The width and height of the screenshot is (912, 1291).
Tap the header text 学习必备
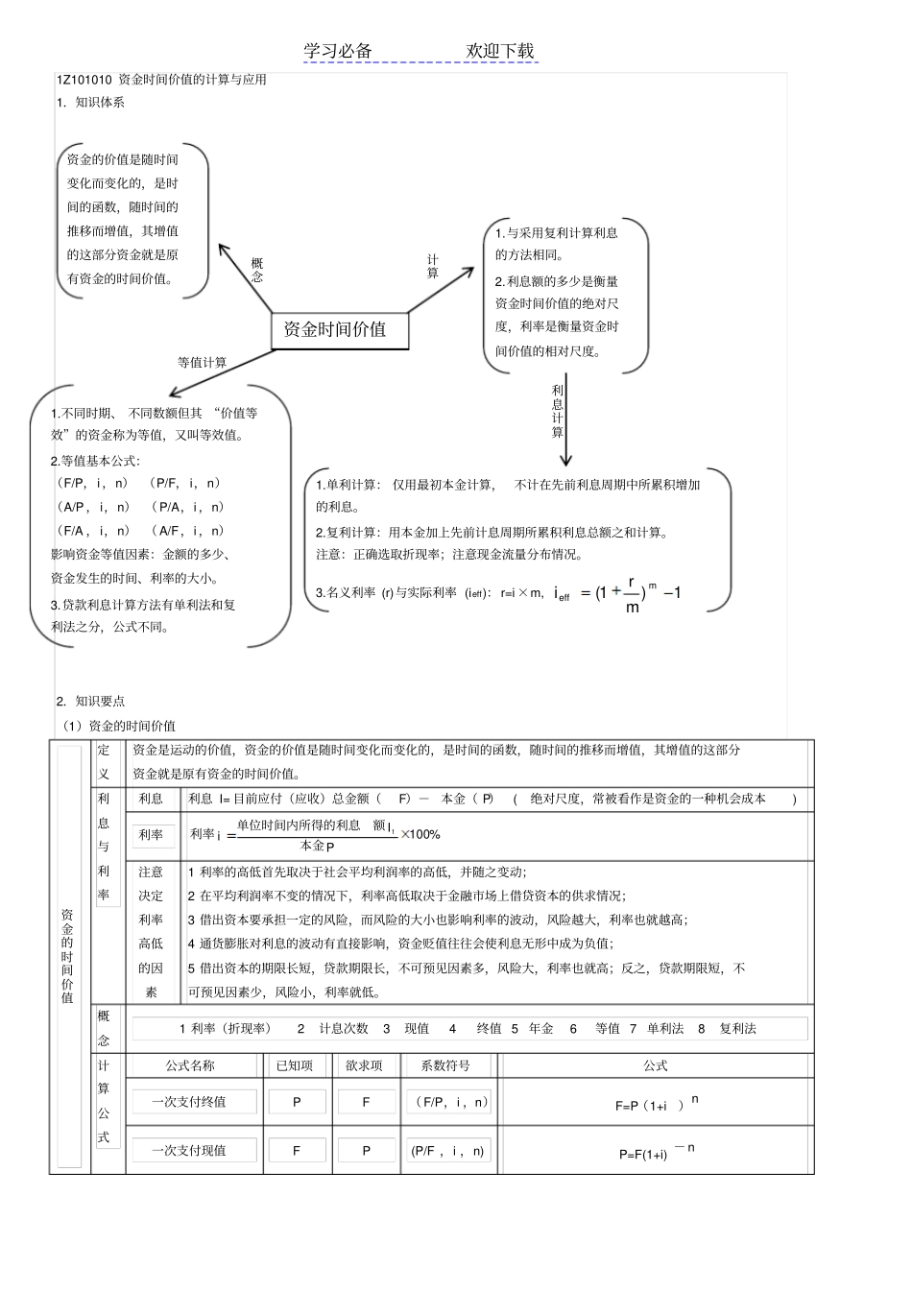(x=338, y=51)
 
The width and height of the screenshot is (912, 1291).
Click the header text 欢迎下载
(x=500, y=51)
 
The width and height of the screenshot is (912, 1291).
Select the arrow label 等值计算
(x=203, y=363)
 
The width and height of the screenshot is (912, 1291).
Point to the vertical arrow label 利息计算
(x=558, y=411)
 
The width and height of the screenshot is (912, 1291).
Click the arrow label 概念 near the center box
(x=257, y=270)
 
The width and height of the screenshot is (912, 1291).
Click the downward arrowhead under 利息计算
(x=565, y=459)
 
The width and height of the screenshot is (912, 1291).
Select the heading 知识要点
(x=100, y=702)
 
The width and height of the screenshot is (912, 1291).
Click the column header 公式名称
(x=190, y=1065)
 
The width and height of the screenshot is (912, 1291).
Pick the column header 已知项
(x=295, y=1065)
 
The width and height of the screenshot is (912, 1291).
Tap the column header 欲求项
(x=364, y=1065)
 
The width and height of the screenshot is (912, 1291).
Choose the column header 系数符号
(x=446, y=1065)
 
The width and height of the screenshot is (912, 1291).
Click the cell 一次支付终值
(x=189, y=1102)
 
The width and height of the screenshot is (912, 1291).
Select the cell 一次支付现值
(x=189, y=1150)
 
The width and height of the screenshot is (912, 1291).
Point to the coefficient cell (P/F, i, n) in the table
(x=448, y=1150)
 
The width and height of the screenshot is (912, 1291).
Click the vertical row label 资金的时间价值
(x=68, y=955)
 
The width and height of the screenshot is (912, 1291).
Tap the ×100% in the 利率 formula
(x=420, y=834)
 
